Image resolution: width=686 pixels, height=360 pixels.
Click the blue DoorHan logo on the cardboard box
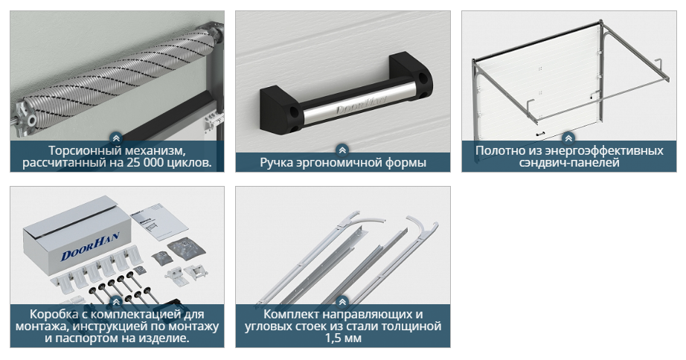coord(90,245)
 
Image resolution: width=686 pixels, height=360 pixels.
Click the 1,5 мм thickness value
coord(343,338)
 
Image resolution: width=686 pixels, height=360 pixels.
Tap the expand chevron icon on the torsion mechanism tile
coord(116,138)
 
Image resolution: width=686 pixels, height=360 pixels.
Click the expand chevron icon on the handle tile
coord(342,150)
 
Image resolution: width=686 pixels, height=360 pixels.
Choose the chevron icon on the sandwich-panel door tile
coord(568,138)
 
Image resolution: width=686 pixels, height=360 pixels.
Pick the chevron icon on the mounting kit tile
coord(116,302)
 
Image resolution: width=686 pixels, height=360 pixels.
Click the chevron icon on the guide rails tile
coord(342,302)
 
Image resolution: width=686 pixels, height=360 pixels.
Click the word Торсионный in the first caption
coord(77,151)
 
